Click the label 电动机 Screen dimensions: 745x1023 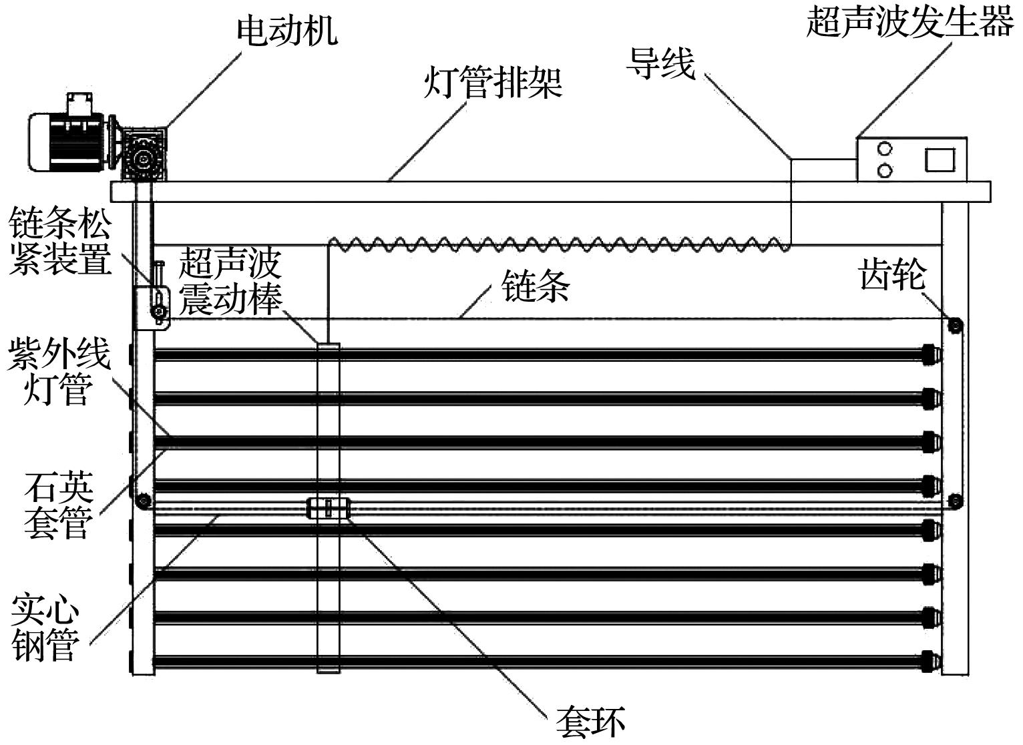(x=287, y=30)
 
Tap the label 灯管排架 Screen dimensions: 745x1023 (x=493, y=83)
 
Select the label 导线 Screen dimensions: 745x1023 (x=660, y=63)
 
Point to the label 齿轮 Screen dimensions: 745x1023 (x=892, y=274)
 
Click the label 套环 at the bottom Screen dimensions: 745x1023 (x=590, y=722)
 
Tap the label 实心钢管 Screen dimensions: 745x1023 (x=45, y=628)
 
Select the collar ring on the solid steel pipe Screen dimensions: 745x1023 (x=329, y=509)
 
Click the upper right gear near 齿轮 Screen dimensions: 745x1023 (x=955, y=326)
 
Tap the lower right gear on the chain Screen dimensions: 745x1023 (x=955, y=500)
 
